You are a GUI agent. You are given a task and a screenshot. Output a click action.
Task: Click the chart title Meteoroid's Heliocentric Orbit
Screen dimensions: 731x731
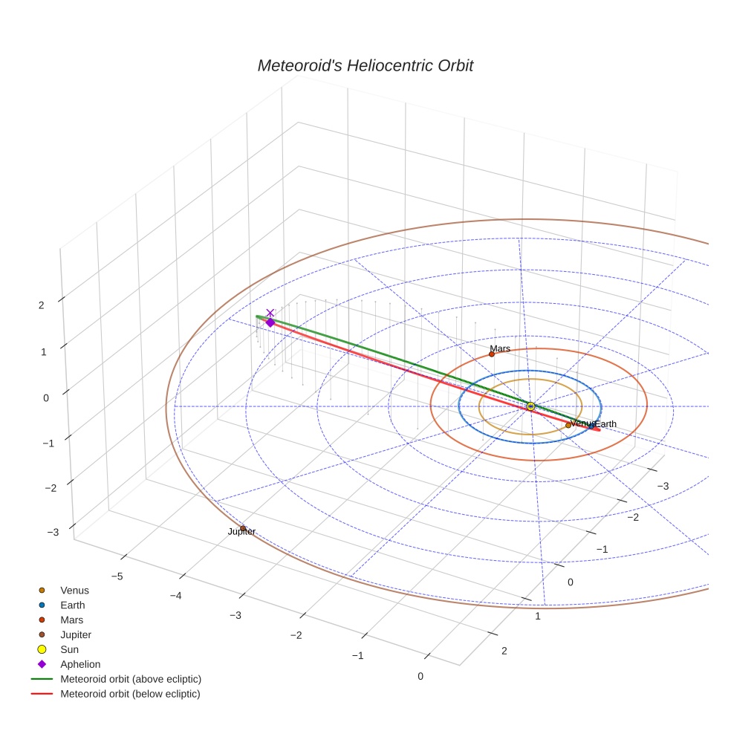(x=365, y=65)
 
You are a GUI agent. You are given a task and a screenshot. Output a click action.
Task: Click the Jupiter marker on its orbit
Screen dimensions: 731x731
(x=243, y=528)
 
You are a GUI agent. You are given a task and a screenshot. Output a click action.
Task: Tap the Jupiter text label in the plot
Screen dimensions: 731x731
(x=241, y=532)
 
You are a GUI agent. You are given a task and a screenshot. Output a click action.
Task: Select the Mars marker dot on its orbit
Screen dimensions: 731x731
(x=491, y=354)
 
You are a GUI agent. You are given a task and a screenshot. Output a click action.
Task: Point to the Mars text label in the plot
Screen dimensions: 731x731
(x=500, y=348)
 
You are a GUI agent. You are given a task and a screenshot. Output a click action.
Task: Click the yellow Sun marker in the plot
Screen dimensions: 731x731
(x=530, y=406)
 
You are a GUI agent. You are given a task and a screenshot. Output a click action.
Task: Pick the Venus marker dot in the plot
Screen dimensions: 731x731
(x=568, y=425)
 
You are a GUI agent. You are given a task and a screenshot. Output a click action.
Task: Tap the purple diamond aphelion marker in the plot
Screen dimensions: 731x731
(x=270, y=322)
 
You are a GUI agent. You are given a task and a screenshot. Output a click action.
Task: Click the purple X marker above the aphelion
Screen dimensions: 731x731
(x=270, y=313)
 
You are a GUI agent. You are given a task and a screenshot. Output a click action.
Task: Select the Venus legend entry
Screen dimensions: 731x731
(x=74, y=591)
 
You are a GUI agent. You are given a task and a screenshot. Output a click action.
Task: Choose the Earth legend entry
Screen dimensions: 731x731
(x=73, y=605)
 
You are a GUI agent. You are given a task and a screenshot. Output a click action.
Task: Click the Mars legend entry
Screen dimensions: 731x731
(x=71, y=620)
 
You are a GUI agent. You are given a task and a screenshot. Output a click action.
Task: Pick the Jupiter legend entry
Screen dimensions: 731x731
(x=76, y=634)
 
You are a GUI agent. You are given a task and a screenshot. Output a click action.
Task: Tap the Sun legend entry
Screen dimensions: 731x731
(x=69, y=649)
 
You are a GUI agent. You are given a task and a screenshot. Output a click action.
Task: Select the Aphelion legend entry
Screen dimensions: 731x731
(x=80, y=664)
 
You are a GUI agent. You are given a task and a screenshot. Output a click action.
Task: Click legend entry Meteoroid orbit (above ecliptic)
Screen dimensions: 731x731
(x=130, y=679)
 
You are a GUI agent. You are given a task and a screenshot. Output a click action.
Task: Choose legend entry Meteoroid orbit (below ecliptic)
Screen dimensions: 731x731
(x=130, y=694)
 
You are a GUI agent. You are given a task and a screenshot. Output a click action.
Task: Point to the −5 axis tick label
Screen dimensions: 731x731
(x=117, y=576)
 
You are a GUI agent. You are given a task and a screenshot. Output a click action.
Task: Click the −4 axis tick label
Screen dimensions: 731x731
(x=175, y=595)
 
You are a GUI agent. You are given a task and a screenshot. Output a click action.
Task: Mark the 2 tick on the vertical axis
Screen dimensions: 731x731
(x=42, y=305)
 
